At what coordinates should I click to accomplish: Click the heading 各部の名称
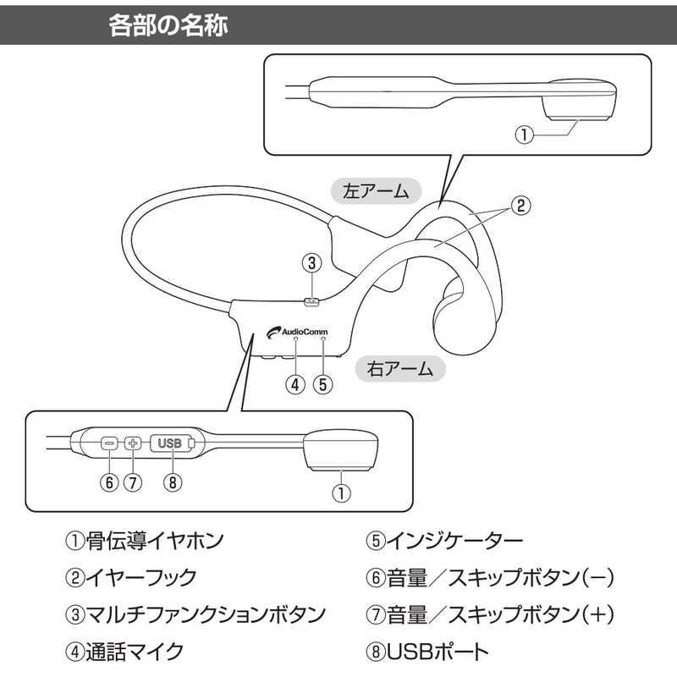(169, 26)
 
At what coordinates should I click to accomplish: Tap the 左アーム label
(376, 192)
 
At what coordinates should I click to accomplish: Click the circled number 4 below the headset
(294, 383)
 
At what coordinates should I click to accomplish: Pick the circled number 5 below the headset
(322, 383)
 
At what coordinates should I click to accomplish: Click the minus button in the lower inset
(107, 443)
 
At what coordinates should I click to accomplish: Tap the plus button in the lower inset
(132, 443)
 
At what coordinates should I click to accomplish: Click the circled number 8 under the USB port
(173, 482)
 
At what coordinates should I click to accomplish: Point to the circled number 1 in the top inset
(526, 135)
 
